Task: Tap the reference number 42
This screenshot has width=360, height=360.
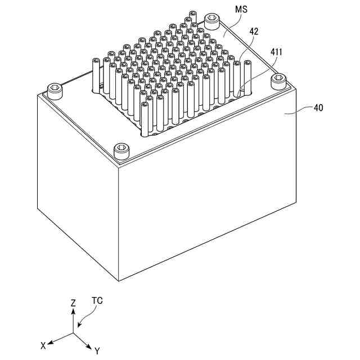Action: (x=254, y=32)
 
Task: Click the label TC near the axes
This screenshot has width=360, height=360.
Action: (x=97, y=300)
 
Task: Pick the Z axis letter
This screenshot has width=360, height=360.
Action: (x=73, y=303)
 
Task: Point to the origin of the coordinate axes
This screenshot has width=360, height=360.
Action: (x=73, y=332)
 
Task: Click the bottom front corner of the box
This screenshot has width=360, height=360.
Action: (x=120, y=280)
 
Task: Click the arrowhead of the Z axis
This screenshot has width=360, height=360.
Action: (x=73, y=310)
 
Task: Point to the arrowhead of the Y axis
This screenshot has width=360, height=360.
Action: (x=90, y=345)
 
